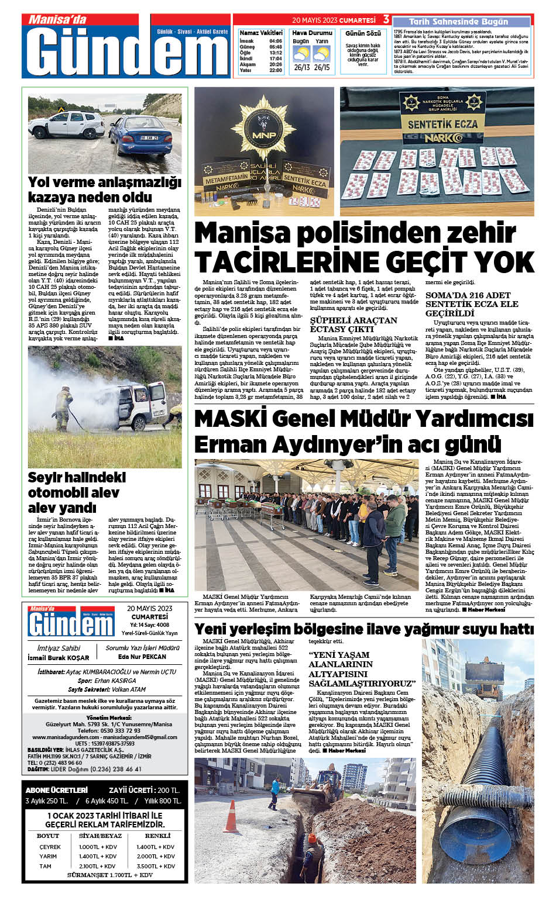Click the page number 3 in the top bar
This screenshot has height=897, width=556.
pyautogui.click(x=386, y=20)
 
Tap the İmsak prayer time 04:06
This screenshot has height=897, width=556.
pyautogui.click(x=275, y=41)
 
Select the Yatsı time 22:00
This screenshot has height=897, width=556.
pyautogui.click(x=275, y=70)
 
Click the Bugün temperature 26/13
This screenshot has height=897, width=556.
pyautogui.click(x=301, y=68)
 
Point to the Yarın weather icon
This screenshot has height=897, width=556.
pyautogui.click(x=321, y=54)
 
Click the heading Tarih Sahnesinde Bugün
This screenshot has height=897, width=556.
pyautogui.click(x=450, y=22)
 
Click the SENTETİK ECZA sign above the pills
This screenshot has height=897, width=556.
pyautogui.click(x=442, y=124)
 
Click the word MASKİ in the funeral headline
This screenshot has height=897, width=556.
pyautogui.click(x=231, y=419)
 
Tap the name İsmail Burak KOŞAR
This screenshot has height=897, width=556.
pyautogui.click(x=59, y=657)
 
